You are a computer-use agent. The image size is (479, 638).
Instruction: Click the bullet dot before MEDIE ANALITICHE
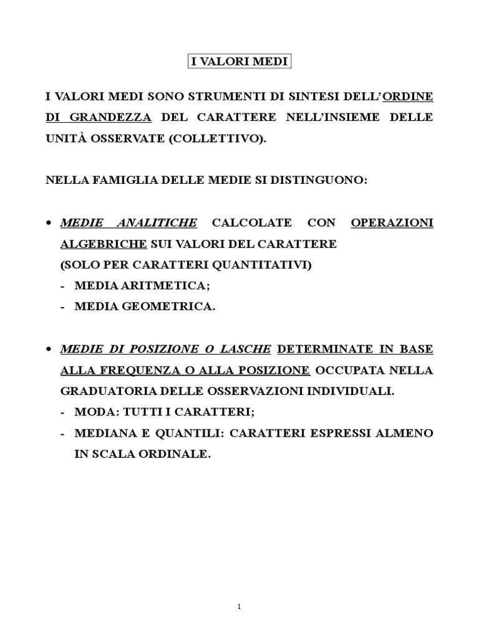(x=50, y=223)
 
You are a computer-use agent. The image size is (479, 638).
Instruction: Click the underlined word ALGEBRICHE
(x=104, y=244)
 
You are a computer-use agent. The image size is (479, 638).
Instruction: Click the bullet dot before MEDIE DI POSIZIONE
(x=50, y=350)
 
